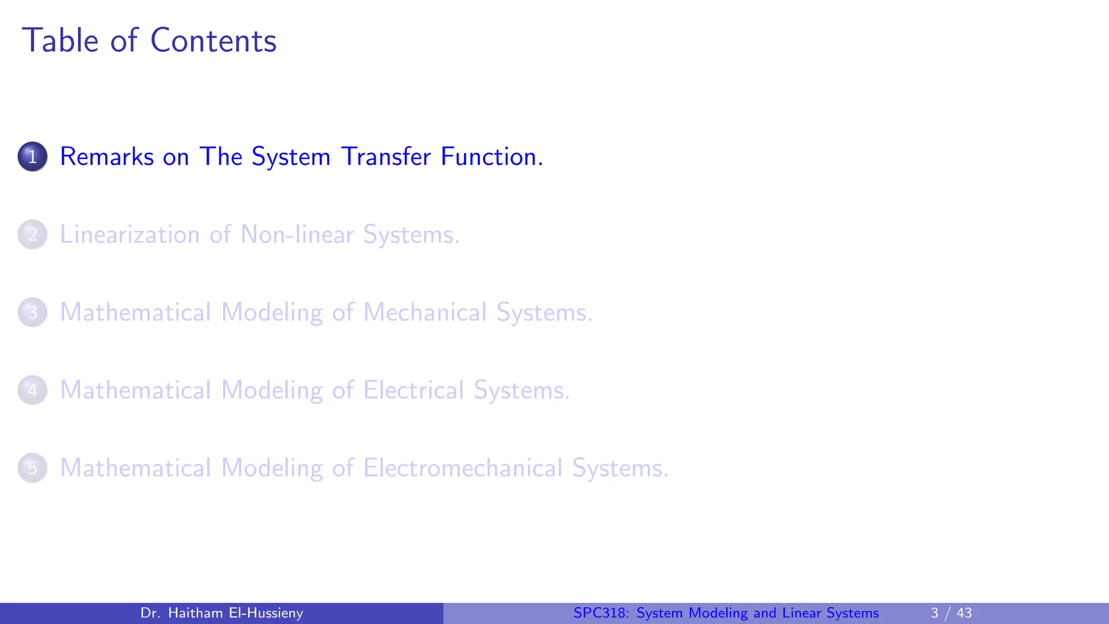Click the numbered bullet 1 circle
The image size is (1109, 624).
pos(32,157)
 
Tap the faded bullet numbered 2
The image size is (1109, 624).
pos(32,235)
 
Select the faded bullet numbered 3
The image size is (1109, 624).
pos(32,313)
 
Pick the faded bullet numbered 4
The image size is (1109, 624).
pos(32,390)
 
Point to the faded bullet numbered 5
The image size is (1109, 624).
pos(32,468)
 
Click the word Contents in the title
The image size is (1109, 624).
pos(213,41)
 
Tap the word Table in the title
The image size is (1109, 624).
pos(60,41)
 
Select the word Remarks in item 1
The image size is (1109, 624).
pos(107,157)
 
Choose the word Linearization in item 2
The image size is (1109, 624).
pos(130,235)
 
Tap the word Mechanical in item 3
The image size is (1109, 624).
pos(425,313)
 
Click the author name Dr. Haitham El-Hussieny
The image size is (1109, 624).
pos(221,613)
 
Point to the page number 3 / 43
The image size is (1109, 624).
pos(951,613)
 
